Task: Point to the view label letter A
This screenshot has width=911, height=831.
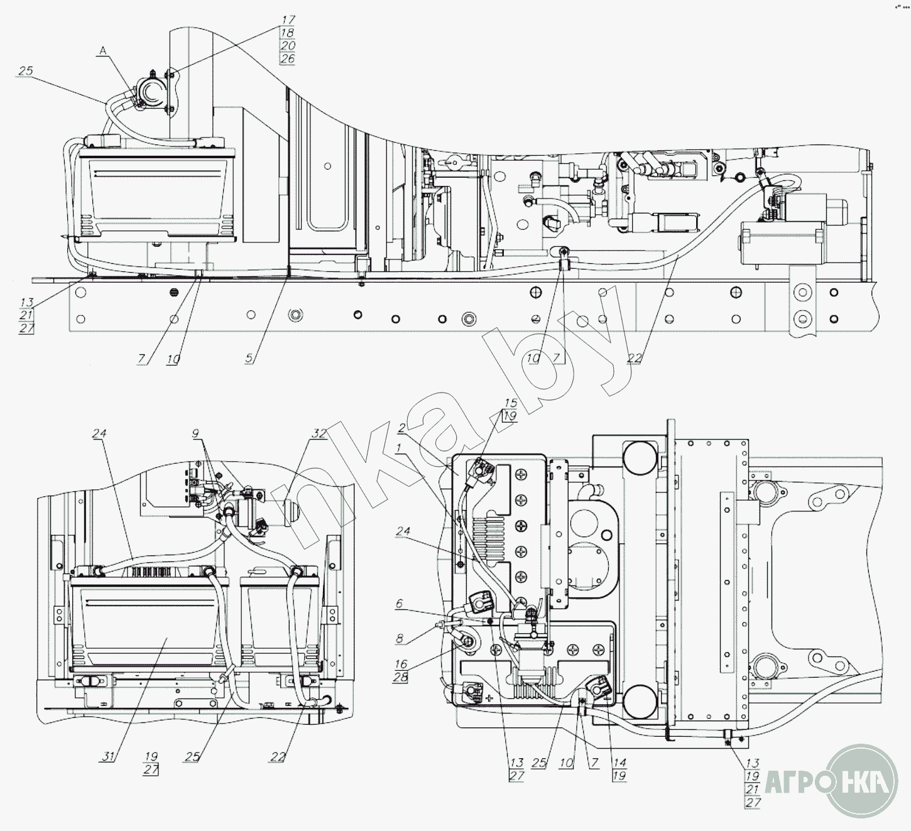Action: [103, 52]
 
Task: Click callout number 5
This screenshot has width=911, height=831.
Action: [249, 358]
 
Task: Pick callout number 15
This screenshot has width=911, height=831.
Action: [510, 403]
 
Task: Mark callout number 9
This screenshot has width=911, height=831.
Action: [195, 433]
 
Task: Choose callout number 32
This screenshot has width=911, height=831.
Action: [319, 433]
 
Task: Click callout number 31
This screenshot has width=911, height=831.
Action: [107, 756]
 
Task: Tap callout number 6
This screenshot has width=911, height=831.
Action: [399, 604]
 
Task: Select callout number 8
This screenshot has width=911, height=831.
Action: [399, 638]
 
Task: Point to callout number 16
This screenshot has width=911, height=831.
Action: [401, 664]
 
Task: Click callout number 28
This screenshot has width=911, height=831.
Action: [401, 677]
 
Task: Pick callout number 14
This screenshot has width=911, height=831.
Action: [619, 763]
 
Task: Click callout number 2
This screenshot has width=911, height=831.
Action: [402, 427]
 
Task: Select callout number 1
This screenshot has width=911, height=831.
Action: [398, 448]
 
